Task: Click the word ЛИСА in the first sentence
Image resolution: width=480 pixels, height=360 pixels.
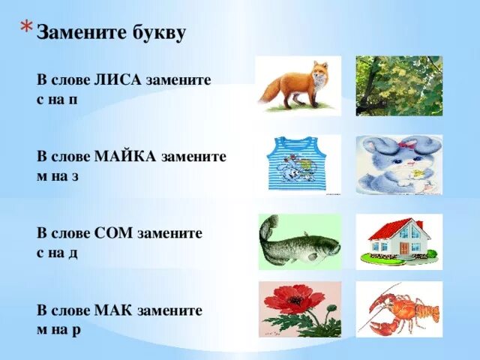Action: [x=113, y=79]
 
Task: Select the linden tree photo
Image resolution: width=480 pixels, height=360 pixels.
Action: [x=398, y=85]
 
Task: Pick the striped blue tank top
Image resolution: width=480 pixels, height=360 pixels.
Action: [x=298, y=164]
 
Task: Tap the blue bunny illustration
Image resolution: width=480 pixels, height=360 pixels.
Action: [x=398, y=164]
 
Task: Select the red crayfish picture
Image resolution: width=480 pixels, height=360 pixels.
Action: [x=398, y=309]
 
